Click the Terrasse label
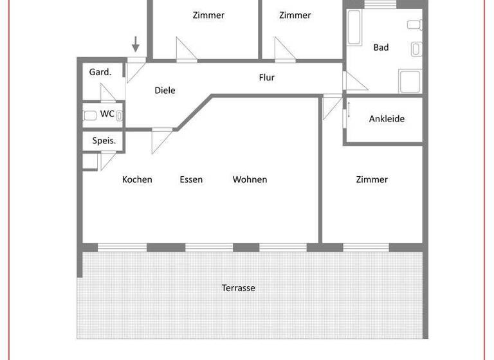pyautogui.click(x=239, y=288)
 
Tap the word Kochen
pyautogui.click(x=137, y=179)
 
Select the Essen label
pyautogui.click(x=191, y=179)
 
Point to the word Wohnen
pyautogui.click(x=250, y=179)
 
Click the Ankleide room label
pyautogui.click(x=387, y=119)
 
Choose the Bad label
pyautogui.click(x=381, y=47)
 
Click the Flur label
pyautogui.click(x=266, y=78)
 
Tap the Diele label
pyautogui.click(x=165, y=91)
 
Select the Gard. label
pyautogui.click(x=100, y=72)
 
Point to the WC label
pyautogui.click(x=107, y=114)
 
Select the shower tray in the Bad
pyautogui.click(x=410, y=82)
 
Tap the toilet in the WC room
pyautogui.click(x=90, y=116)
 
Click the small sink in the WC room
pyautogui.click(x=120, y=116)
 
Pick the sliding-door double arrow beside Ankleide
pyautogui.click(x=349, y=107)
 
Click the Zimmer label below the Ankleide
pyautogui.click(x=372, y=179)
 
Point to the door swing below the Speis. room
pyautogui.click(x=105, y=159)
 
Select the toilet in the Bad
pyautogui.click(x=414, y=25)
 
